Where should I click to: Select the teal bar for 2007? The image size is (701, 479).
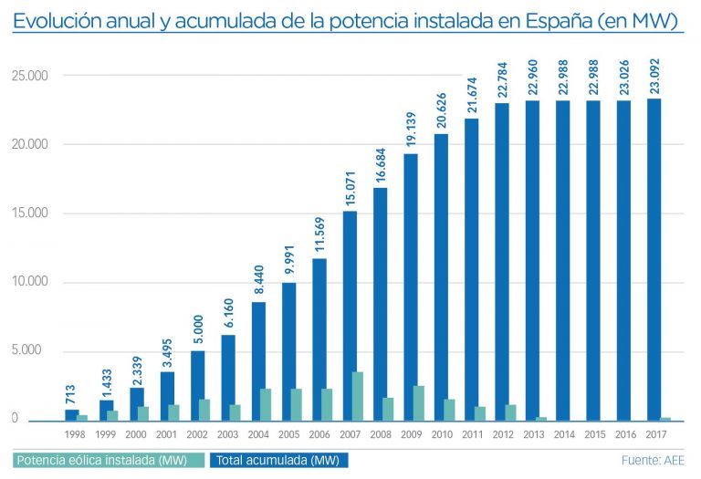[357, 396]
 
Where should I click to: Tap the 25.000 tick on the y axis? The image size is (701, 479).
[29, 76]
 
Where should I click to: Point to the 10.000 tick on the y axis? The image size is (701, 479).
[29, 282]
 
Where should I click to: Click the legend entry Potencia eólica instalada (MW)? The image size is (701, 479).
[108, 460]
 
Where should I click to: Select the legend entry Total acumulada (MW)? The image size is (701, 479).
[279, 460]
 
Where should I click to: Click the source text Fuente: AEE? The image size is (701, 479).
[653, 460]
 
